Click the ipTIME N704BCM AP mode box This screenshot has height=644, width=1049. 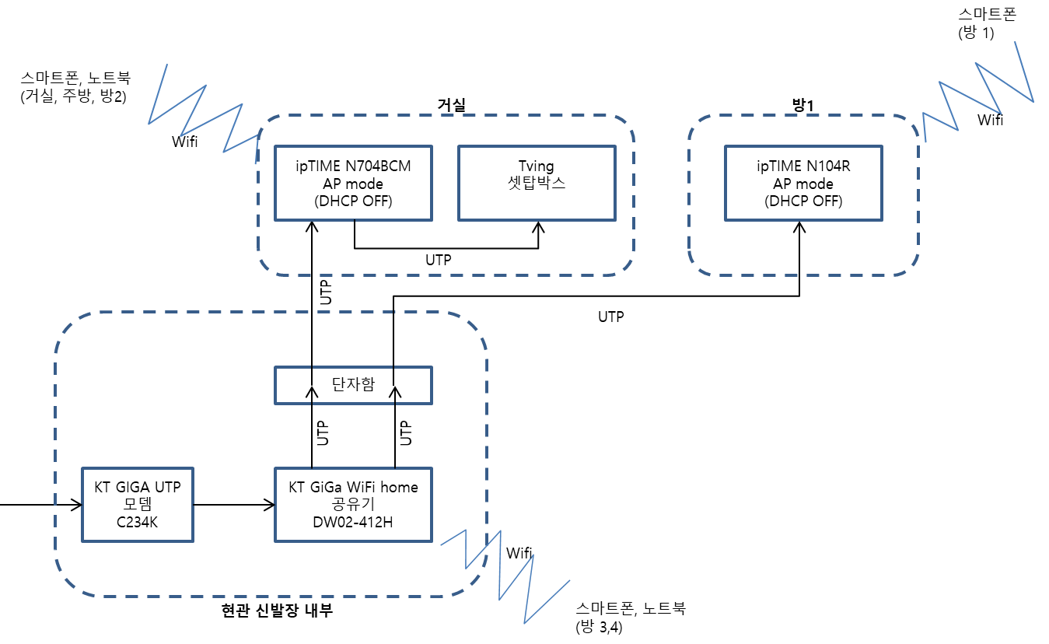354,183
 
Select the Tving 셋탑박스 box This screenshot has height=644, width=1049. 537,183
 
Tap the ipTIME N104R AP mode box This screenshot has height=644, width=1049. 803,183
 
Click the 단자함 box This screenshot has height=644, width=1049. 353,385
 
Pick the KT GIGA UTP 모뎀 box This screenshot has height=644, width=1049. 137,504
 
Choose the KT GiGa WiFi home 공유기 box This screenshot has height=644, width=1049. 353,504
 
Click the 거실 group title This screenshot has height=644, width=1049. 450,105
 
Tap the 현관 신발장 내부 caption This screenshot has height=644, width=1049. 278,611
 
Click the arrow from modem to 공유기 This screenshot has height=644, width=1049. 233,504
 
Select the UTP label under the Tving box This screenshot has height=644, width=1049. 439,260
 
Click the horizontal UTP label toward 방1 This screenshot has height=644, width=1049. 610,317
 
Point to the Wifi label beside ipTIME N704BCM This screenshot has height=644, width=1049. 184,142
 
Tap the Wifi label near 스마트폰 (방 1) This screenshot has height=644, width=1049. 990,120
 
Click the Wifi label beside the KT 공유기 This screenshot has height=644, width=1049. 519,553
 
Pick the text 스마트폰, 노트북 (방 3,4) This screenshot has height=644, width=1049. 630,618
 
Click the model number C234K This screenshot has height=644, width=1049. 137,522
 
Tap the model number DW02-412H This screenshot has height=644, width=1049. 353,522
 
